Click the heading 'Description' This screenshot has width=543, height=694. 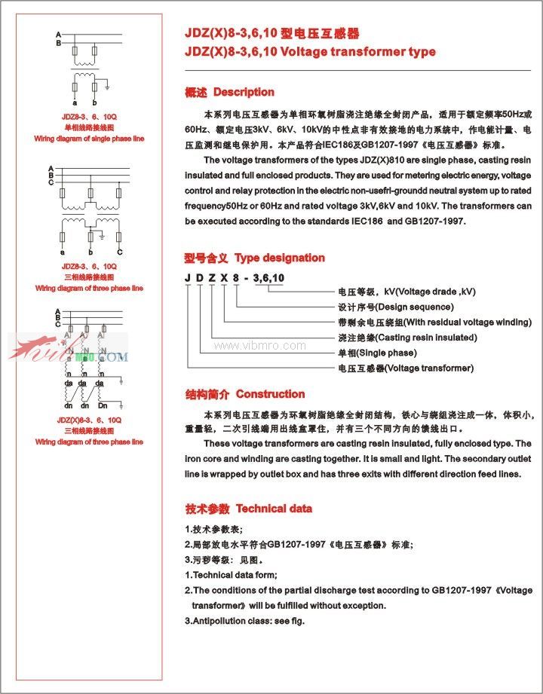click(x=244, y=92)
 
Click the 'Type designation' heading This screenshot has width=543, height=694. click(x=279, y=258)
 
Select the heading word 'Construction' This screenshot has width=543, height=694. click(x=270, y=394)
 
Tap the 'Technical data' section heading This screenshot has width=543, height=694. click(x=274, y=509)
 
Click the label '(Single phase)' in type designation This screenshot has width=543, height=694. click(x=388, y=353)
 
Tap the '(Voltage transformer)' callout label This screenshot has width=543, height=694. click(x=429, y=368)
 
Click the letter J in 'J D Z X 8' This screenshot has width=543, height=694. click(x=188, y=279)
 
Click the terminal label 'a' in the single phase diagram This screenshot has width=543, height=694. click(x=75, y=102)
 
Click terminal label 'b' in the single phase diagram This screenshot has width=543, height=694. click(x=95, y=102)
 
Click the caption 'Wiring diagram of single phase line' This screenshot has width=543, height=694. click(x=89, y=139)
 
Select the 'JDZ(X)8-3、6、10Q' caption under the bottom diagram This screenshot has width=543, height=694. click(x=89, y=419)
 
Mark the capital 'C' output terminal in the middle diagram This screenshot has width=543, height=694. click(x=119, y=251)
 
